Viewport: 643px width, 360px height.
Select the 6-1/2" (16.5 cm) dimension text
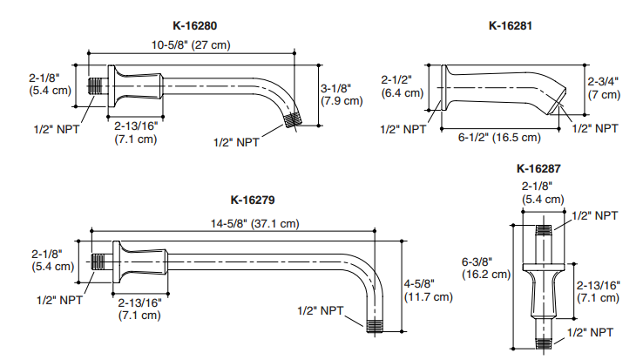[499, 137]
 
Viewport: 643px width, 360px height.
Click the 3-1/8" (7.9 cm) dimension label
[341, 94]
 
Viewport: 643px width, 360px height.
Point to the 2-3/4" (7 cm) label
[604, 87]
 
